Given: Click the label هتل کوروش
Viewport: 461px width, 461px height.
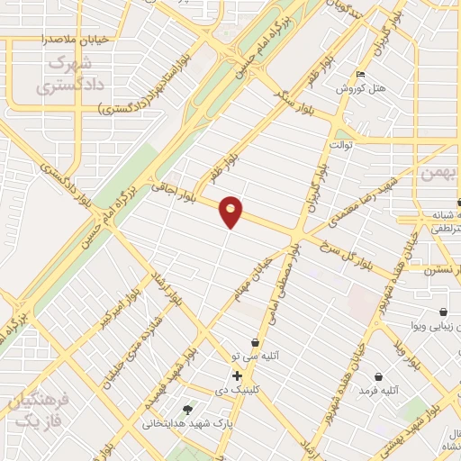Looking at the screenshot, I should [360, 89].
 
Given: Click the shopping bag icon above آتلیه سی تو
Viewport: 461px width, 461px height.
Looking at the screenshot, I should [256, 343].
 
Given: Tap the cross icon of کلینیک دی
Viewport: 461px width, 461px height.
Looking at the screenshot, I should [237, 375].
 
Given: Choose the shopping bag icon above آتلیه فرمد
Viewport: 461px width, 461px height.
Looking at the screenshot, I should [378, 375].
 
